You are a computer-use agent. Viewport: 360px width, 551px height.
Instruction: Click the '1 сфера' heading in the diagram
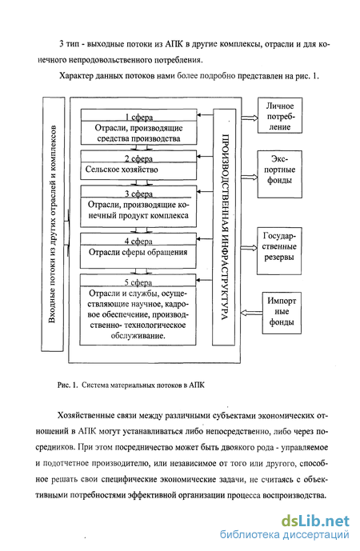click(x=139, y=118)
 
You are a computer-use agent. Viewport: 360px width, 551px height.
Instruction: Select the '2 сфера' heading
click(x=138, y=159)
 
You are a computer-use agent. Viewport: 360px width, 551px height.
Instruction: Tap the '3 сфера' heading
click(x=138, y=194)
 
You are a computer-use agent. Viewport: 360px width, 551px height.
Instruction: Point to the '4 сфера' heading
click(x=138, y=242)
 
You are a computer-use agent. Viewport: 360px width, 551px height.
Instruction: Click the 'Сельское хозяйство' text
click(x=122, y=170)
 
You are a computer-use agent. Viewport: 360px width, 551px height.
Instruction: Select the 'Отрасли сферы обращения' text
click(x=138, y=252)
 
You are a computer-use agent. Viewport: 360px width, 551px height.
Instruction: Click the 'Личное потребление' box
click(x=280, y=116)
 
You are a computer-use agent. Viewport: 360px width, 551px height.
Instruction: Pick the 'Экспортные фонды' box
click(x=280, y=174)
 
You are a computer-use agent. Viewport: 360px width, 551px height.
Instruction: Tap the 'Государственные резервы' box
click(x=279, y=251)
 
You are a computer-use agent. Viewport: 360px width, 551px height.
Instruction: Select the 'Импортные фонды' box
click(x=282, y=313)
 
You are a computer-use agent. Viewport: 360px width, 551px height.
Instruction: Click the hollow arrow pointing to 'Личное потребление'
click(x=250, y=118)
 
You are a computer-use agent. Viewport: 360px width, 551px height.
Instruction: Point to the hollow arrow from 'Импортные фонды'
click(x=251, y=313)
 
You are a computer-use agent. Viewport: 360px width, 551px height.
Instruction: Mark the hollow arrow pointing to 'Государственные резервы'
click(x=250, y=248)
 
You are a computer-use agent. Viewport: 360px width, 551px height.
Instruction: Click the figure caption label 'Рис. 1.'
click(x=66, y=385)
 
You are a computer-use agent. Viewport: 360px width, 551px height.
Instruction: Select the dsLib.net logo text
click(x=315, y=521)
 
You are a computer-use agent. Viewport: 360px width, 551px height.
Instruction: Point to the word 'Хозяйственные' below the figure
click(x=84, y=416)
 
